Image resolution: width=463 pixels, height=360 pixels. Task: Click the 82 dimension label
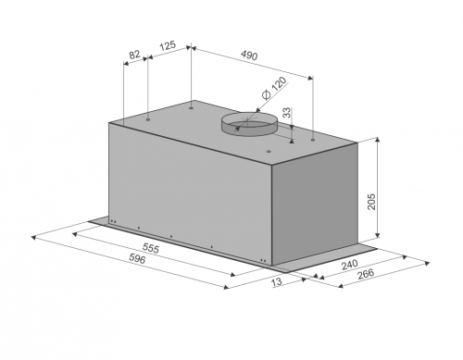coord(134,55)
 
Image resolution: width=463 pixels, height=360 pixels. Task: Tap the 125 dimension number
coord(168,45)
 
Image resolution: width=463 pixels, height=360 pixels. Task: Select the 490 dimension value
coord(249,56)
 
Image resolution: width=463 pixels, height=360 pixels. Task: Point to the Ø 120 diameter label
coord(274,88)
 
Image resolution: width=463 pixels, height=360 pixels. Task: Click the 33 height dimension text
coord(287,113)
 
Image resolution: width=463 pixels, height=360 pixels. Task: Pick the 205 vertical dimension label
coord(371,202)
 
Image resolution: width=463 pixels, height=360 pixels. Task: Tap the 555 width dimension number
coord(151,248)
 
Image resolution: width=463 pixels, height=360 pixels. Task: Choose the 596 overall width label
coord(136,259)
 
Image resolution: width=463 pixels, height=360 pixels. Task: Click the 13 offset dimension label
coord(277,281)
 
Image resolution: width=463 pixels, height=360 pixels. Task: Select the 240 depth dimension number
coord(349,265)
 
